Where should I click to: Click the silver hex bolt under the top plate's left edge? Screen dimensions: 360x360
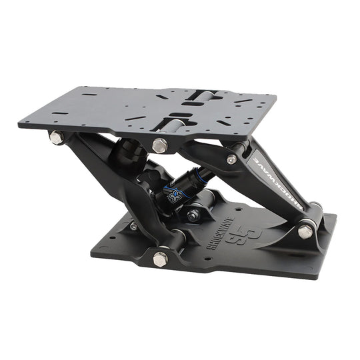coord(57,137)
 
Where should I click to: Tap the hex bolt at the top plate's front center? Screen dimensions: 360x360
coord(160,145)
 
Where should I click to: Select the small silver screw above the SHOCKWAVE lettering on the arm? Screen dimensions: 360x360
coord(231,159)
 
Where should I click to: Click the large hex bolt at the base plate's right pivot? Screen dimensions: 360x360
coord(305,231)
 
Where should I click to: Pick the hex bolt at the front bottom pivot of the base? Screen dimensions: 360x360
coord(161,258)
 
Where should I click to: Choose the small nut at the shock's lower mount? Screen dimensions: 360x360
coord(192,215)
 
